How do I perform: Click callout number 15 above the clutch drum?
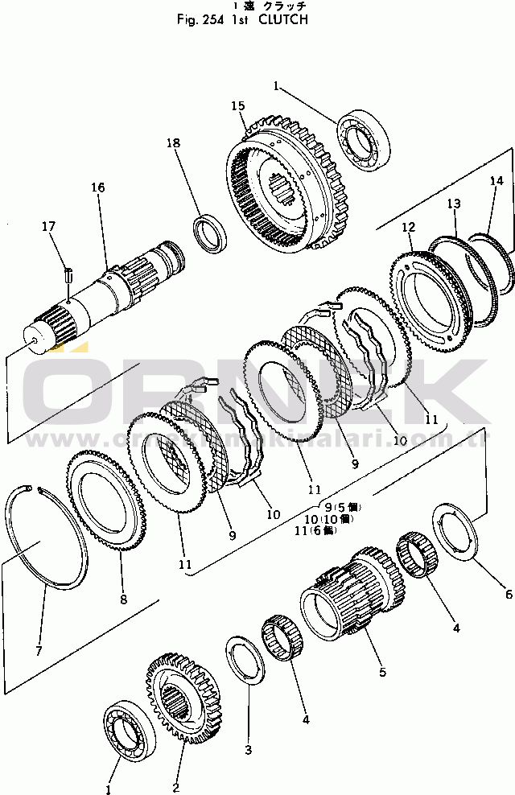[237, 106]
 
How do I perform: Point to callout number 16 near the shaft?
[97, 187]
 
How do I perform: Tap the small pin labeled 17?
[69, 274]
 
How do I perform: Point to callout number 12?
[409, 227]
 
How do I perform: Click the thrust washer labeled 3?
[246, 661]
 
